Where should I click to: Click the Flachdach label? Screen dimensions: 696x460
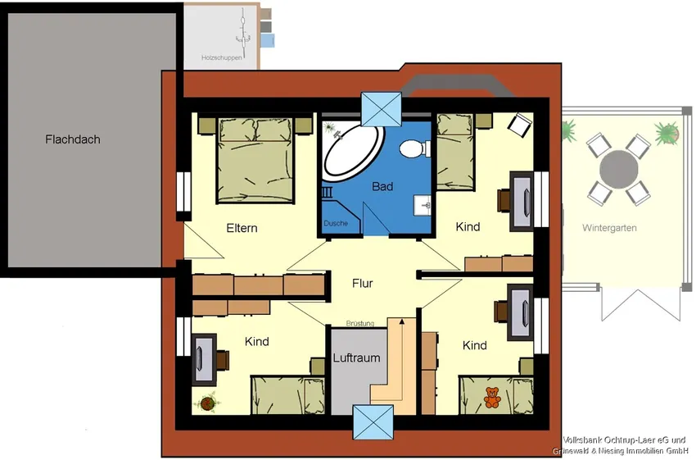tap(73, 139)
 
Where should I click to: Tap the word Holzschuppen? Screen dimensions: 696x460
tap(222, 57)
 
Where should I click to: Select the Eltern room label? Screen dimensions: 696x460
tap(242, 228)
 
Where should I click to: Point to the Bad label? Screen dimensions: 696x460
tap(382, 186)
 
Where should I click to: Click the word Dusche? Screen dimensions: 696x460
tap(336, 223)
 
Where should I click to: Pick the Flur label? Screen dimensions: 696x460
tap(362, 283)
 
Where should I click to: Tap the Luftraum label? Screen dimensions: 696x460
tap(356, 358)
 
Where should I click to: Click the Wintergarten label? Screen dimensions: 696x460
tap(609, 228)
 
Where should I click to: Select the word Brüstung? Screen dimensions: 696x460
tap(360, 324)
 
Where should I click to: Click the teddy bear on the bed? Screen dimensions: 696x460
tap(492, 398)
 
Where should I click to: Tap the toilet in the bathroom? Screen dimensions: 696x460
tap(415, 149)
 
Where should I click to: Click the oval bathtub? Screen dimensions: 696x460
tap(354, 153)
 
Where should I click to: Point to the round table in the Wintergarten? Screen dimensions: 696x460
tap(619, 170)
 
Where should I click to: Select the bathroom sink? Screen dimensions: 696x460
tap(423, 205)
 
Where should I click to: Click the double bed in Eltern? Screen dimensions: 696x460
tap(255, 160)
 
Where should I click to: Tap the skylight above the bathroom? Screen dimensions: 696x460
tap(382, 109)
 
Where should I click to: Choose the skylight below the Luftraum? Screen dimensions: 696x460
tap(373, 421)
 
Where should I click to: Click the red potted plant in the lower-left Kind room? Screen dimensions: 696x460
tap(207, 403)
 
